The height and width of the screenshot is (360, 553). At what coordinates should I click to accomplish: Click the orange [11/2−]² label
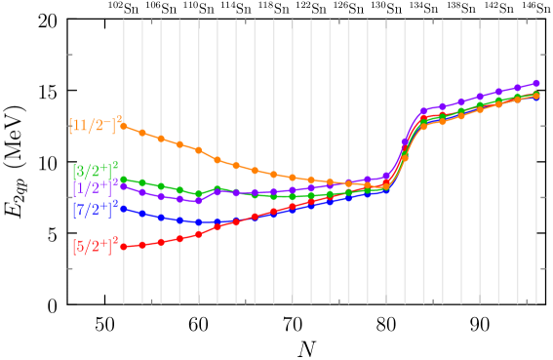(x=95, y=125)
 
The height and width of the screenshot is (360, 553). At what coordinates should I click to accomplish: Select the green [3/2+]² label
(x=95, y=171)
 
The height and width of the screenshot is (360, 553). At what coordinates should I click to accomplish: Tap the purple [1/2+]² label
(x=95, y=187)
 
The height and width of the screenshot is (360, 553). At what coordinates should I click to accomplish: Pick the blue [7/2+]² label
(x=95, y=208)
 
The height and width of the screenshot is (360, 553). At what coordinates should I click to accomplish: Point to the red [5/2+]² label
(x=95, y=245)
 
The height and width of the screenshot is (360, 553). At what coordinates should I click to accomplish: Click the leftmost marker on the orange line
(x=124, y=126)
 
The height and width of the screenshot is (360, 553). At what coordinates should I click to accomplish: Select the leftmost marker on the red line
(x=124, y=247)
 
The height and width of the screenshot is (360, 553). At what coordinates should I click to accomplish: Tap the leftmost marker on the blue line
(x=124, y=208)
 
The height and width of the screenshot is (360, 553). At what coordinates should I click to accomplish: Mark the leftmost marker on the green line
(x=124, y=180)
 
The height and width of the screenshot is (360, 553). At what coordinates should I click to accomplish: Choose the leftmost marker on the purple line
(x=124, y=185)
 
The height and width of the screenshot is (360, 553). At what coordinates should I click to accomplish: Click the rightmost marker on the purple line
(x=536, y=84)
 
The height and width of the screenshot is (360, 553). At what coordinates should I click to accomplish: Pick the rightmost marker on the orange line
(x=536, y=96)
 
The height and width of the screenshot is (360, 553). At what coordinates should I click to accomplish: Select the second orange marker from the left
(x=142, y=133)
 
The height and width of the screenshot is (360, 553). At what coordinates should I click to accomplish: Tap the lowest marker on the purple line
(x=199, y=200)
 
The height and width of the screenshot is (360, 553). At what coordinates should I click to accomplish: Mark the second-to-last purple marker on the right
(x=518, y=89)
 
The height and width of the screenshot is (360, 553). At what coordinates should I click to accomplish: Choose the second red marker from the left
(x=142, y=245)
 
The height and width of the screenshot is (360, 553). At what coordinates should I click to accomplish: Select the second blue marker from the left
(x=142, y=214)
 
